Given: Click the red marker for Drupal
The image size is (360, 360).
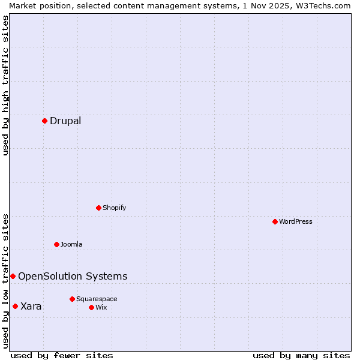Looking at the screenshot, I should click(x=44, y=121).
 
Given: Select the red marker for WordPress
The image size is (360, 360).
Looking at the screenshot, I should click(x=275, y=221).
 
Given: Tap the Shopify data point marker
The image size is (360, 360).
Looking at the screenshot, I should click(x=98, y=208).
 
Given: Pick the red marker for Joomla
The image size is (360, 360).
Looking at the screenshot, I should click(x=56, y=244).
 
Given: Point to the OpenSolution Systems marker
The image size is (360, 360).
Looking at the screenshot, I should click(x=13, y=276).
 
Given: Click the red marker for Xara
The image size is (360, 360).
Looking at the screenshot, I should click(x=15, y=306).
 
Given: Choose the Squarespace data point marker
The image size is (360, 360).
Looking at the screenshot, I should click(x=72, y=299).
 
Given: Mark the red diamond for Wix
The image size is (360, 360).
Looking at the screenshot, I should click(x=91, y=307).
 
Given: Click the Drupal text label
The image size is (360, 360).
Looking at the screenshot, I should click(x=65, y=121).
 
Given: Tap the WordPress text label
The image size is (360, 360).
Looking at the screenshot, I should click(x=296, y=221).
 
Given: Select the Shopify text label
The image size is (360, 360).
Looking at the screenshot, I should click(x=115, y=208).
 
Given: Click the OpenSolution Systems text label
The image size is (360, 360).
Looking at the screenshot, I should click(x=73, y=276).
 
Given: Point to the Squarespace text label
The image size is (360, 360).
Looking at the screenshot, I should click(x=97, y=299).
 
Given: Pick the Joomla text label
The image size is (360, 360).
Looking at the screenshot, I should click(x=71, y=244).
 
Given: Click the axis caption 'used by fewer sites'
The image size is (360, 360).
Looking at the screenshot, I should click(x=62, y=355).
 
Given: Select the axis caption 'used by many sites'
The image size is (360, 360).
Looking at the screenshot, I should click(x=301, y=355).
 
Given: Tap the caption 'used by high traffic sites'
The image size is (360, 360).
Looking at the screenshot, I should click(x=5, y=86).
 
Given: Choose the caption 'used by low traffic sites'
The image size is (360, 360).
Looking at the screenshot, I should click(x=5, y=281).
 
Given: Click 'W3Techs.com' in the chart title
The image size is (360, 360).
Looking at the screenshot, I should click(x=322, y=5).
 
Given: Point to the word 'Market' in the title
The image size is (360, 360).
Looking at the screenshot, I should click(x=23, y=5).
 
